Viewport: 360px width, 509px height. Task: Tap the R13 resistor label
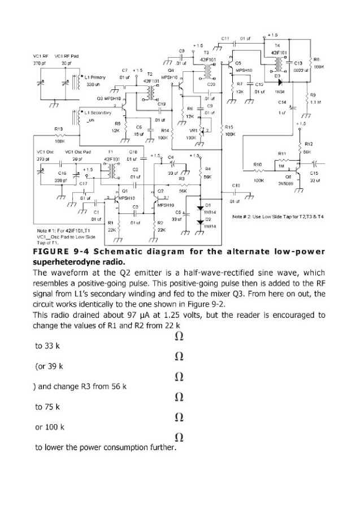58,130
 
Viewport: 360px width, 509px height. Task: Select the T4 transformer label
277,45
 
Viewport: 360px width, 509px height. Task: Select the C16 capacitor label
46,174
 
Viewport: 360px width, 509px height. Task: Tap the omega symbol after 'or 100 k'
179,437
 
